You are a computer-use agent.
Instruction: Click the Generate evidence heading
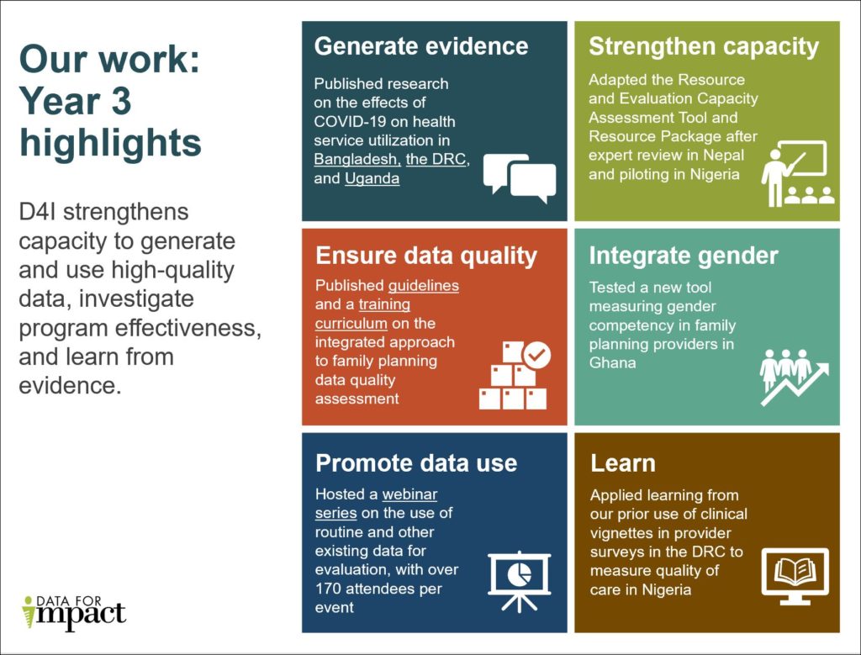pos(421,46)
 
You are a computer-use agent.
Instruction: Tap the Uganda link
pos(372,178)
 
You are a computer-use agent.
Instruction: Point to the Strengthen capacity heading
pos(703,46)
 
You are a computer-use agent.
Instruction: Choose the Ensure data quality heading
pos(425,256)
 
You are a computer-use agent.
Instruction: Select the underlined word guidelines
pos(423,286)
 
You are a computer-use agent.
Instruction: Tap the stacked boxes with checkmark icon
pos(514,376)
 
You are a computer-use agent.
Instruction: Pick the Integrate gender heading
pos(684,256)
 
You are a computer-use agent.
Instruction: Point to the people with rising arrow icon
pos(793,377)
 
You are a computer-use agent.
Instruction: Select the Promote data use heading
pos(416,463)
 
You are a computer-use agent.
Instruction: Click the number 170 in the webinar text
pos(330,589)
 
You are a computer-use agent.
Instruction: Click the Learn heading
pos(622,463)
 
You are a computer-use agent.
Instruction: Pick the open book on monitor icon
pos(795,577)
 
